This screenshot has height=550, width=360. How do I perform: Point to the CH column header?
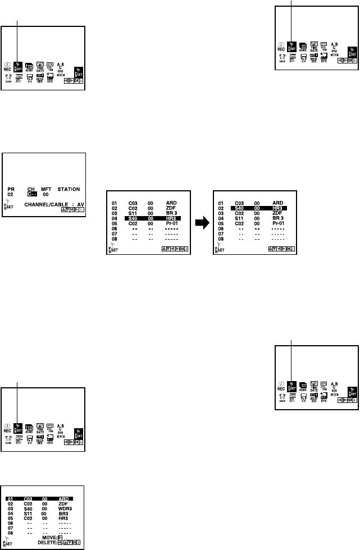tap(31, 190)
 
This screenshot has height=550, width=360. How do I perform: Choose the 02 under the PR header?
tap(11, 195)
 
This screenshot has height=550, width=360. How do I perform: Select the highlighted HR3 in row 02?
tap(277, 208)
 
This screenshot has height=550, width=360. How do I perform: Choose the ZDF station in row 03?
tap(277, 213)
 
